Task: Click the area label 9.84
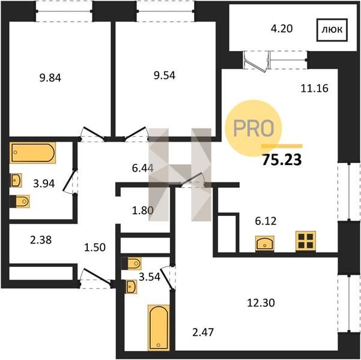tap(50, 78)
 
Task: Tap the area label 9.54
tap(165, 76)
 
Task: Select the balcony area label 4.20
tap(282, 29)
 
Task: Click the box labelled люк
tap(332, 30)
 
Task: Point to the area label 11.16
tap(315, 88)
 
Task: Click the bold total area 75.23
tap(282, 160)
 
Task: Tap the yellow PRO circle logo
tap(253, 128)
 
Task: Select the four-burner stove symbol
tap(306, 241)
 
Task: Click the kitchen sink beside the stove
tap(265, 244)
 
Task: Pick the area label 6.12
tap(265, 221)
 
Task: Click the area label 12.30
tap(261, 303)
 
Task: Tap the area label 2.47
tap(203, 332)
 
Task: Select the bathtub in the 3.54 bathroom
tap(159, 328)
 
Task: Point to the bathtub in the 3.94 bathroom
tap(32, 153)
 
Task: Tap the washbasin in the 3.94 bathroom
tap(16, 180)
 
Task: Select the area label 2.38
tap(41, 240)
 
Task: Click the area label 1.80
tap(143, 210)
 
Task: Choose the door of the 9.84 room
tap(93, 134)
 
